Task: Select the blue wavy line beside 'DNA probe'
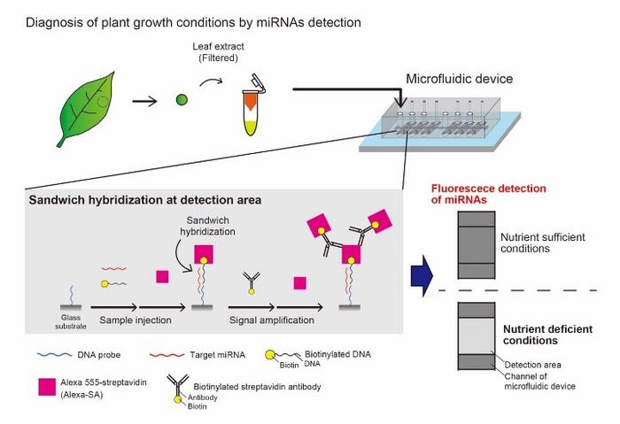tap(48, 352)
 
